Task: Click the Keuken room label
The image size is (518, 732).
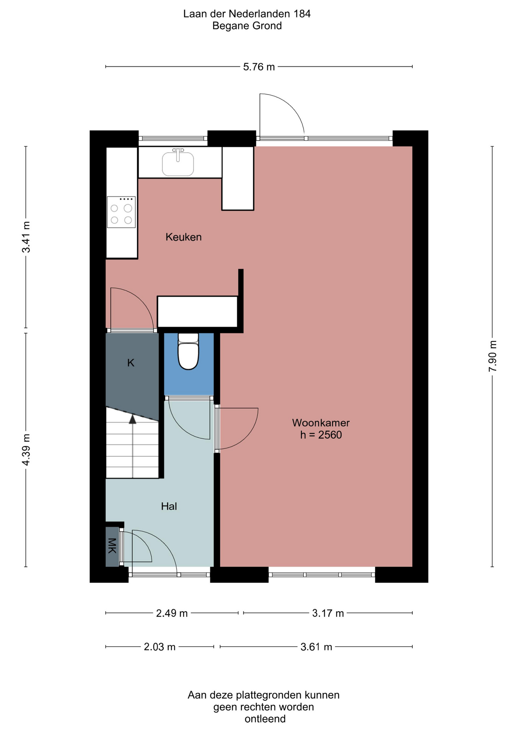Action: coord(183,237)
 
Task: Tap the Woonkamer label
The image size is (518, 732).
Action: coord(321,423)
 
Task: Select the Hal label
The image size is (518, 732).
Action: coord(169,506)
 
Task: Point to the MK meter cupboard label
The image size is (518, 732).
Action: coord(112,546)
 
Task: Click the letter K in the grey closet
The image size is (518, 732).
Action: coord(131,363)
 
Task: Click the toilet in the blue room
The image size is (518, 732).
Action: coord(188,351)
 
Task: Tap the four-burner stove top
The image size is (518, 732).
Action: coord(121,212)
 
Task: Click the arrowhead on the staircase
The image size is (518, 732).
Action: coord(132,419)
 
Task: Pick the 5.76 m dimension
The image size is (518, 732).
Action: coord(259,67)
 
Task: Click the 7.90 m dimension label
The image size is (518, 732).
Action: coord(492,356)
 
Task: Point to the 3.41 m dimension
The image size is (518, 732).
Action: coord(26,237)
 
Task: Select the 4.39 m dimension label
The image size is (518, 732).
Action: coord(26,449)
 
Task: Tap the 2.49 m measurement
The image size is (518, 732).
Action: coord(172,613)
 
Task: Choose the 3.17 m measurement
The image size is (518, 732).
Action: coord(328,613)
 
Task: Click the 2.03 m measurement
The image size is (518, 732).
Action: coord(159,647)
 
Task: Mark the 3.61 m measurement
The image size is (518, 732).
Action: coord(316,647)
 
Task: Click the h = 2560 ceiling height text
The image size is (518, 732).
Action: coord(321,435)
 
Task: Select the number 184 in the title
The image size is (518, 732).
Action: coord(302,14)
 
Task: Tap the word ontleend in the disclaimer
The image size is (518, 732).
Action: coord(265,719)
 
